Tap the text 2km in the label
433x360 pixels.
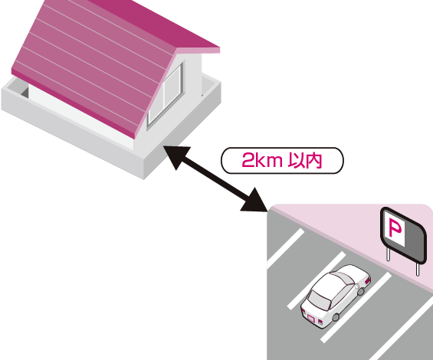[262, 160]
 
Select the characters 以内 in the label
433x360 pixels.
[305, 160]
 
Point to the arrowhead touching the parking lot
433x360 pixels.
[255, 201]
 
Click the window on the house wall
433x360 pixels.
[166, 95]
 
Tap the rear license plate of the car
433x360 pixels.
[311, 319]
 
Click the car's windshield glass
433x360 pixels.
[319, 300]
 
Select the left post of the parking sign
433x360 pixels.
[388, 254]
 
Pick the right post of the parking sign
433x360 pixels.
[418, 269]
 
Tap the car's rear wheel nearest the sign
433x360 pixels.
[361, 291]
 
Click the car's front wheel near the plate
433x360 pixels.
[336, 317]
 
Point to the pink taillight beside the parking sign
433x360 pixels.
[368, 281]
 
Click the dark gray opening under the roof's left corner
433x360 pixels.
[25, 93]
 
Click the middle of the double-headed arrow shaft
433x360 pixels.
[215, 178]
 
